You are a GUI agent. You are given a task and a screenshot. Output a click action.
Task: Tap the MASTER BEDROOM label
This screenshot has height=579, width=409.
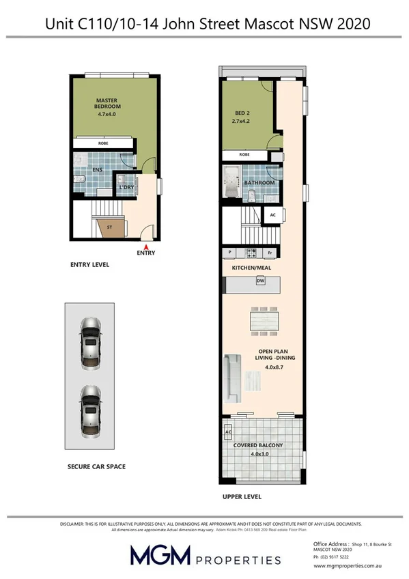(108, 103)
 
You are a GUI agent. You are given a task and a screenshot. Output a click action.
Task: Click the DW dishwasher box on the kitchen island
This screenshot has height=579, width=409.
(260, 281)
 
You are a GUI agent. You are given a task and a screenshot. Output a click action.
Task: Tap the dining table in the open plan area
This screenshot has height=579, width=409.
(262, 320)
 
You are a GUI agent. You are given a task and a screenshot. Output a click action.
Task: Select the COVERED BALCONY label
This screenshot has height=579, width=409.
(258, 445)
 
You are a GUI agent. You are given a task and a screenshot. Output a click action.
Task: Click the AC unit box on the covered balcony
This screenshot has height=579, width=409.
(227, 432)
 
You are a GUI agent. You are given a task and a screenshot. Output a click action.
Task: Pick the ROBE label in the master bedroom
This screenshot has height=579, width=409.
(103, 143)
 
